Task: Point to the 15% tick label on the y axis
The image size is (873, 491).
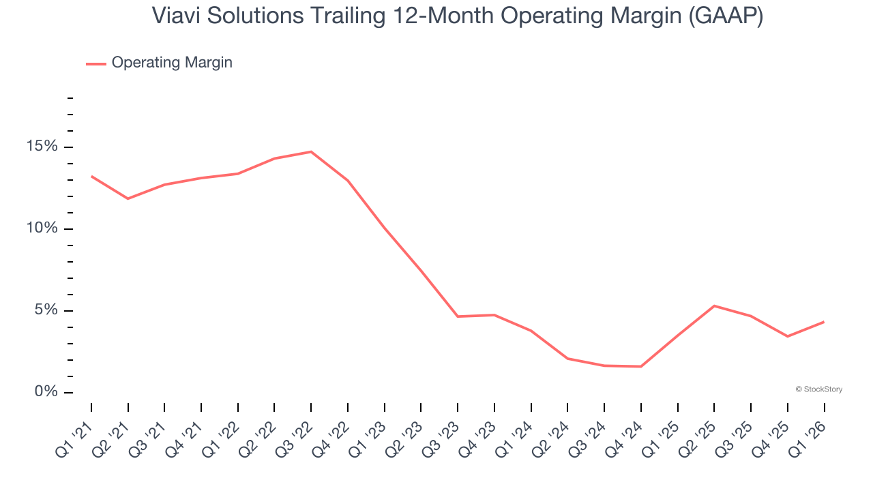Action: point(42,147)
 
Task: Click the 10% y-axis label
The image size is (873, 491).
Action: point(42,228)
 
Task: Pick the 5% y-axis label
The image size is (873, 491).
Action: point(46,310)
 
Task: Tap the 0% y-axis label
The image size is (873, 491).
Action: point(46,392)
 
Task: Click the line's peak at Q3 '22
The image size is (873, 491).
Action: point(311,151)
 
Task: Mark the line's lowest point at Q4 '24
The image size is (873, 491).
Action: point(641,367)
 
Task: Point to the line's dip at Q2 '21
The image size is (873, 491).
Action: point(128,198)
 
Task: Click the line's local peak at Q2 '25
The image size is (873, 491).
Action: point(714,306)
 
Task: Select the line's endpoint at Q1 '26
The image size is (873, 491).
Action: point(824,322)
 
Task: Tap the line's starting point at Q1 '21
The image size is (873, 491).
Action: point(91,176)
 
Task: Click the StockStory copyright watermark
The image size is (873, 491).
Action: point(818,389)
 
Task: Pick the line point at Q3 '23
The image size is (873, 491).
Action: point(458,316)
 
